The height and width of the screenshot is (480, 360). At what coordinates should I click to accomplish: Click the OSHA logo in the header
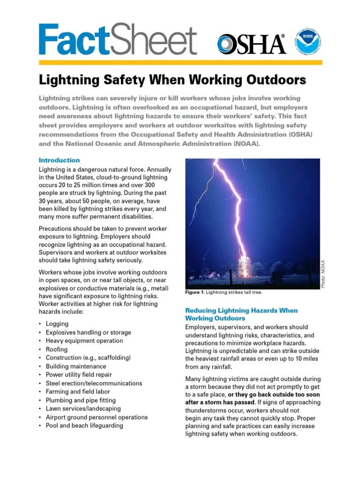[251, 44]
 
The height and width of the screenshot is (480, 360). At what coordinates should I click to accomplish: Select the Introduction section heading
[59, 160]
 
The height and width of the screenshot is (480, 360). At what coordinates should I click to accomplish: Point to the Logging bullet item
[57, 324]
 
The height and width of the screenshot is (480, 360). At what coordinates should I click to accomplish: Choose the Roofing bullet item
[56, 349]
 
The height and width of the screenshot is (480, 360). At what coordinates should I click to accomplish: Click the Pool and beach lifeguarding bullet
[84, 426]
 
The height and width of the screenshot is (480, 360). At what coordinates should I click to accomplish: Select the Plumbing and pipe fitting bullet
[82, 400]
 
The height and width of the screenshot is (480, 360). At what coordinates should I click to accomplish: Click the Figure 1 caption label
[195, 292]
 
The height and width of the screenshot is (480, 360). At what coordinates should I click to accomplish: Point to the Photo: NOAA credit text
[323, 275]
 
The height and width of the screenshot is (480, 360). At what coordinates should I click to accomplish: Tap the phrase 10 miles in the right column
[307, 359]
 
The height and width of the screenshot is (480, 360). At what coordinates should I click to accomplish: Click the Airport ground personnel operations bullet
[97, 417]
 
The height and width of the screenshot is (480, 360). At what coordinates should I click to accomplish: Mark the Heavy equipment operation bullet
[84, 341]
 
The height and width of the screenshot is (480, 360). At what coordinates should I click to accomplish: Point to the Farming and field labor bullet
[78, 392]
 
